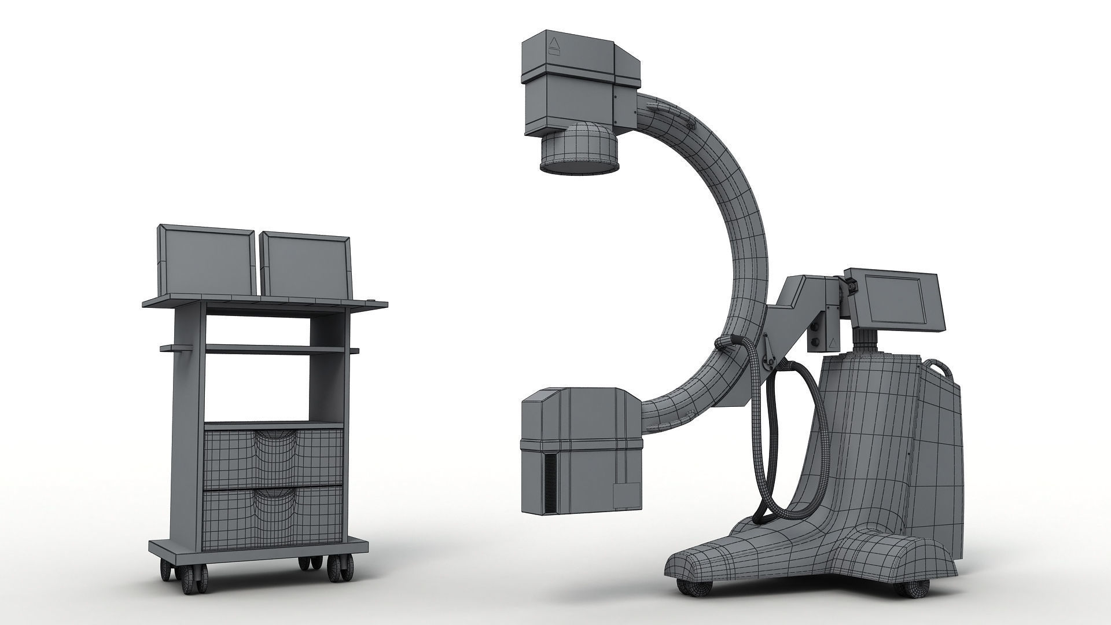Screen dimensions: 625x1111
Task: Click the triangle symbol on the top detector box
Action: coord(554,43)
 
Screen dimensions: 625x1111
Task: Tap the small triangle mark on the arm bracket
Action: coord(830,343)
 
